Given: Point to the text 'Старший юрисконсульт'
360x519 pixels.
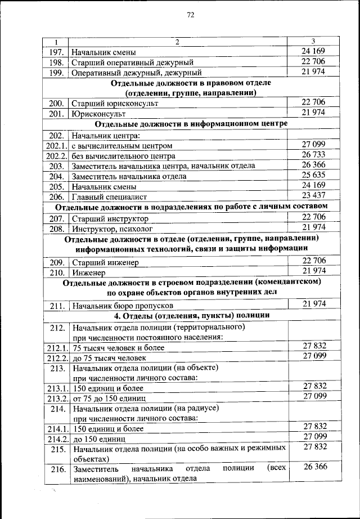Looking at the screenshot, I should [x=115, y=104].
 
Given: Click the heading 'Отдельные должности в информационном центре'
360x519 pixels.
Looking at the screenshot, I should [x=191, y=124].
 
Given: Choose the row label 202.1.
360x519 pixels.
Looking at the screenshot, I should [x=56, y=145].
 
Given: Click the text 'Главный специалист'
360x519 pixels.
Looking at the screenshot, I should [x=109, y=196].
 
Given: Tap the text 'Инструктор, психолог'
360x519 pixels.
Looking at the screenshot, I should [x=112, y=229].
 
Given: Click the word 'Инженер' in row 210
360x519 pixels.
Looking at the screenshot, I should [x=87, y=272].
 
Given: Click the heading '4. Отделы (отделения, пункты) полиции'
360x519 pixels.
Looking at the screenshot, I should [x=191, y=315].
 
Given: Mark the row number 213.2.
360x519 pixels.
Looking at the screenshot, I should [x=56, y=398].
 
